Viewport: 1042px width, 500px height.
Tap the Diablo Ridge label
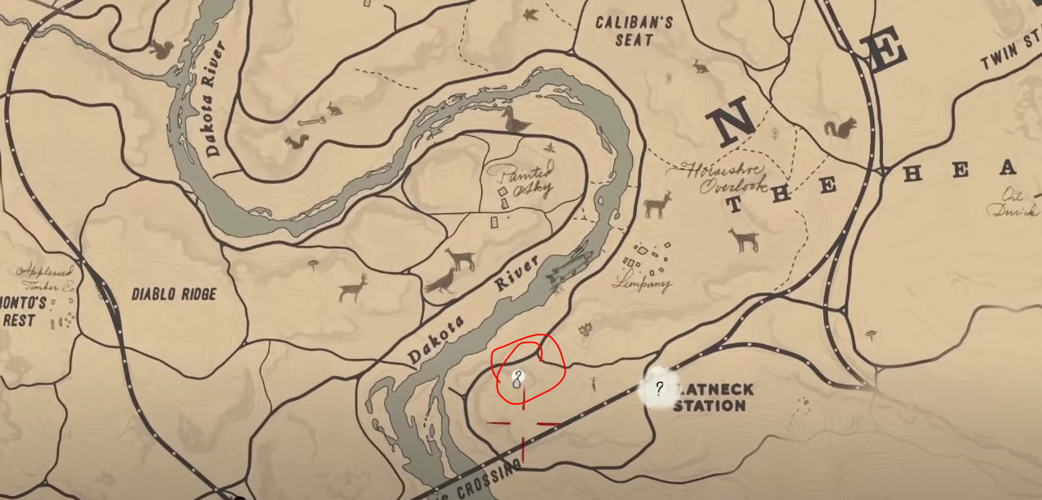[x=174, y=293]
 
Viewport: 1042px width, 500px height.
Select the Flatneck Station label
[x=710, y=398]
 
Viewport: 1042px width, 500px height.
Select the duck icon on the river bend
[x=516, y=120]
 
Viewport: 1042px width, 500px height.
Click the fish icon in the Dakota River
[x=570, y=268]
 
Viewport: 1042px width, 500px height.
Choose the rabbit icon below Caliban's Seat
[x=700, y=66]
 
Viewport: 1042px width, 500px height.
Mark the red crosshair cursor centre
[x=524, y=424]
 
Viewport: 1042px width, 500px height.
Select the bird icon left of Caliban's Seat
[x=530, y=15]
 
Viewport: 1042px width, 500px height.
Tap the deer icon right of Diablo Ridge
[x=353, y=288]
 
